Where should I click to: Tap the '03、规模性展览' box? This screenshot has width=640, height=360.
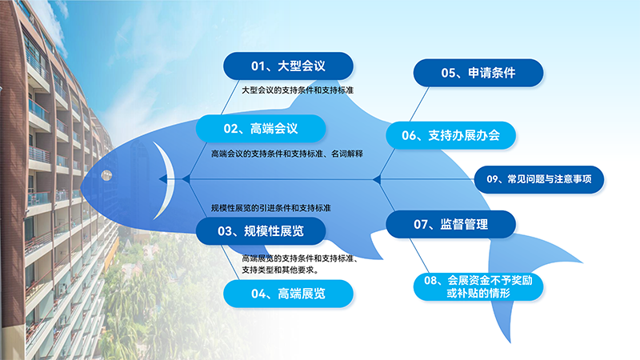[261, 232]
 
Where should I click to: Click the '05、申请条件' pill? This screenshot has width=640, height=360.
[478, 73]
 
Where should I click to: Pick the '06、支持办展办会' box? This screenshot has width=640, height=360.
[450, 135]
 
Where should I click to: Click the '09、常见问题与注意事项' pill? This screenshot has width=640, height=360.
[539, 180]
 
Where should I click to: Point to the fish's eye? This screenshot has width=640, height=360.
[106, 175]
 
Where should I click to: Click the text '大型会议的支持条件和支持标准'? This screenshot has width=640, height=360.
[298, 90]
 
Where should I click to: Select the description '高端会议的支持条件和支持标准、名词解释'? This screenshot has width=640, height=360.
[287, 154]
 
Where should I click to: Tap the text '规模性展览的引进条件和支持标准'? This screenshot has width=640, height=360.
[271, 208]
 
